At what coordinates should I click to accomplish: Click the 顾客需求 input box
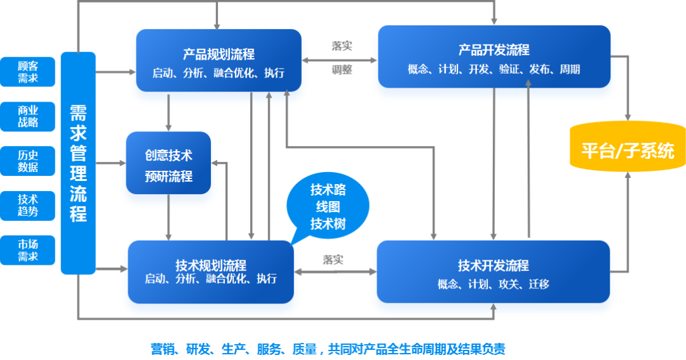click(27, 72)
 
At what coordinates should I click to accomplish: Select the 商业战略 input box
click(27, 116)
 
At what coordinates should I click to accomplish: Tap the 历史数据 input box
click(27, 161)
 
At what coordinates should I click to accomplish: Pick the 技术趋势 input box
click(27, 206)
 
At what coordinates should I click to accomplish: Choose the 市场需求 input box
click(27, 250)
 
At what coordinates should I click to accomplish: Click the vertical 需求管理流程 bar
click(78, 163)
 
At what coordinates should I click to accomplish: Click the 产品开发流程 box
click(494, 57)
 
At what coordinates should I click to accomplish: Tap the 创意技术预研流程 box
click(168, 163)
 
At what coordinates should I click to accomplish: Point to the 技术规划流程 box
click(211, 272)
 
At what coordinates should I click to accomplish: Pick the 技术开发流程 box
click(493, 272)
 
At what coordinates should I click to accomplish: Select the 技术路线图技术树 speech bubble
click(328, 206)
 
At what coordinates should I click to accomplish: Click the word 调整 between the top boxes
click(342, 70)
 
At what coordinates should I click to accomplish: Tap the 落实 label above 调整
click(342, 46)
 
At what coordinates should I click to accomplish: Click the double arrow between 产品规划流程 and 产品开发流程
click(339, 60)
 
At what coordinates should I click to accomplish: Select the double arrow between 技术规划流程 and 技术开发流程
click(335, 272)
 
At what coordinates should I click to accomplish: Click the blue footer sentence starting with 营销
click(328, 349)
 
